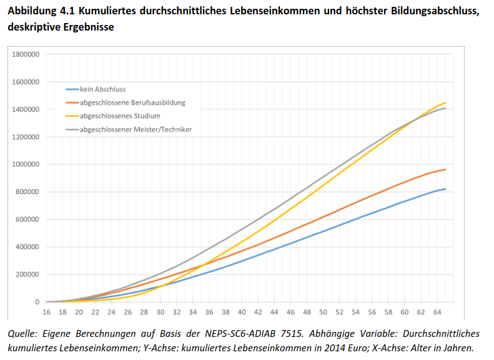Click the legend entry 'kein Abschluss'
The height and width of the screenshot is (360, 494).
[x=103, y=89]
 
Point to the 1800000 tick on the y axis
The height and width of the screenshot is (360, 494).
[x=26, y=54]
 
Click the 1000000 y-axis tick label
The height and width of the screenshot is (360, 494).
[x=26, y=165]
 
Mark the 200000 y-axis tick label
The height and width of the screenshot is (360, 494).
[x=27, y=275]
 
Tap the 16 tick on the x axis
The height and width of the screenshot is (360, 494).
[x=46, y=312]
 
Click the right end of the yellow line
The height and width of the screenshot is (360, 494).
[x=445, y=102]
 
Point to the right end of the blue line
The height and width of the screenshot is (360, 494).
[x=445, y=188]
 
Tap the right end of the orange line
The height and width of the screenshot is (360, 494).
[x=445, y=169]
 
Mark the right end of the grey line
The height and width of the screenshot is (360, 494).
[x=445, y=109]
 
